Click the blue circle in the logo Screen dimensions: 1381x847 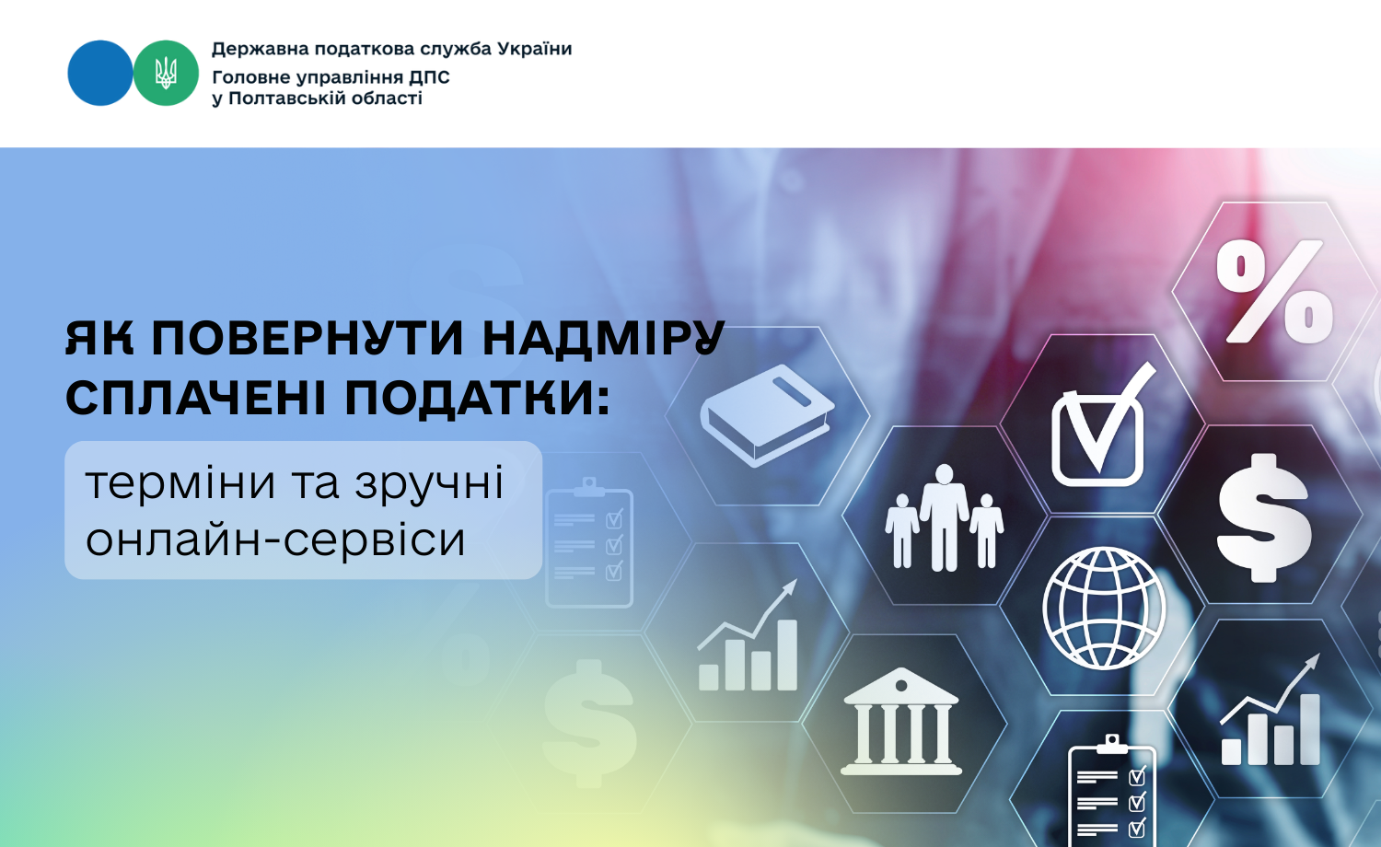[99, 73]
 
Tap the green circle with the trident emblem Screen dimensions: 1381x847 [166, 73]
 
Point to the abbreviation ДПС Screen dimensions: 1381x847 [429, 77]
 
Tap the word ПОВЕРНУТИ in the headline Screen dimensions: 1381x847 [307, 339]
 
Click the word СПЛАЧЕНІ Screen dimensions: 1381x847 [195, 398]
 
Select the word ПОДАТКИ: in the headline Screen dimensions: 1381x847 [477, 399]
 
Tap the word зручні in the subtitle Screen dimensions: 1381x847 [429, 485]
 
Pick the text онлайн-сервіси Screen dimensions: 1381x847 [275, 540]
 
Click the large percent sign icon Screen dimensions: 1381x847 [1273, 291]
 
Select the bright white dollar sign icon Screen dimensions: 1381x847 [1264, 518]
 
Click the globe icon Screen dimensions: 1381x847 [1104, 609]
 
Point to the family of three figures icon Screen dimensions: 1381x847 [944, 517]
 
